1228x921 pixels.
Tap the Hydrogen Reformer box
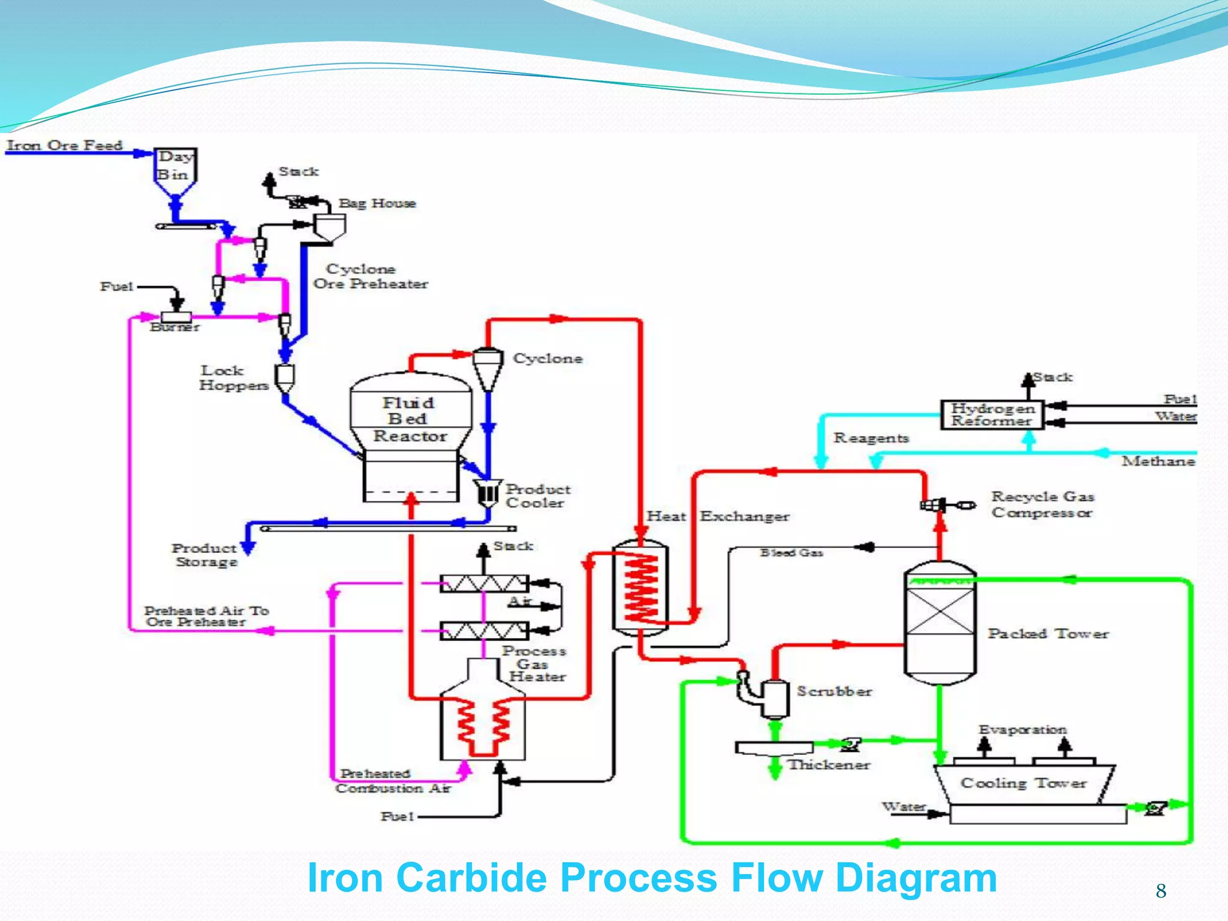[992, 414]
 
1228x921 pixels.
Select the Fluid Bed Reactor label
[410, 419]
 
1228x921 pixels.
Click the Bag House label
[377, 203]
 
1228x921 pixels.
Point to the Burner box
[176, 317]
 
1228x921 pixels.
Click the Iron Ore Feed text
[65, 145]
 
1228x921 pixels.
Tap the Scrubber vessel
[775, 698]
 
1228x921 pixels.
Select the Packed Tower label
[1048, 633]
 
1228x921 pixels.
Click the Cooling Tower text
[1023, 783]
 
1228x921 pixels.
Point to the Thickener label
[829, 765]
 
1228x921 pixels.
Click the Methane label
[1158, 461]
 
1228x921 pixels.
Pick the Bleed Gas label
[791, 552]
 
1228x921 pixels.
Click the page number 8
[1161, 891]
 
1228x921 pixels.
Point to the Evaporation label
[1022, 730]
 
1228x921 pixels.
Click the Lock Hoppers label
[233, 378]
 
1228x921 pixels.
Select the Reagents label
[871, 438]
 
